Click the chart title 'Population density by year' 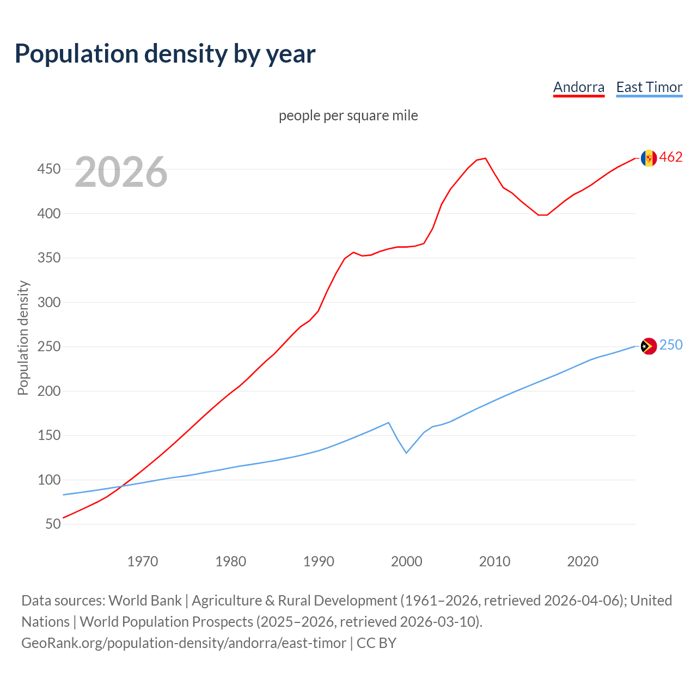[165, 54]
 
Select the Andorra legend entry [578, 87]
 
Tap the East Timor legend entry [649, 87]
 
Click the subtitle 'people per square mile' [348, 115]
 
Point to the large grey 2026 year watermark [121, 172]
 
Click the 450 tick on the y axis [48, 169]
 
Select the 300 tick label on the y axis [48, 302]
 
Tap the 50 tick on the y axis [53, 524]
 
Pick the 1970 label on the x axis [143, 561]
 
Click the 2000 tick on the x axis [406, 561]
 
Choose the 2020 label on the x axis [583, 561]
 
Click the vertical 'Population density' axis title [23, 338]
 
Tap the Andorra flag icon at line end [649, 158]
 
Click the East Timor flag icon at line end [649, 346]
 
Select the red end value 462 [671, 157]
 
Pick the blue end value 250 [671, 345]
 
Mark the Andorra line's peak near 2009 [485, 158]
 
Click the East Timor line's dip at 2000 [406, 453]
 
